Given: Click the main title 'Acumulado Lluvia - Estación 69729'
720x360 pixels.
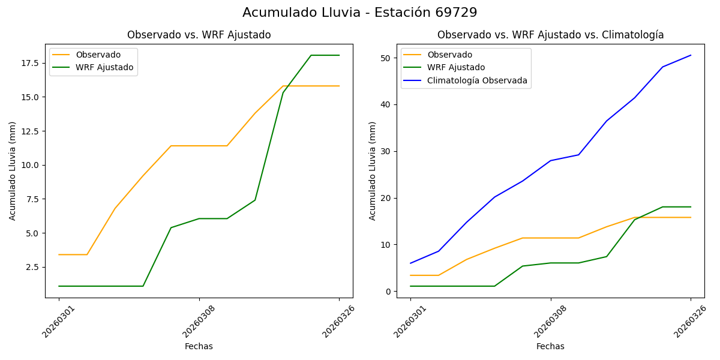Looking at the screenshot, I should click(360, 13).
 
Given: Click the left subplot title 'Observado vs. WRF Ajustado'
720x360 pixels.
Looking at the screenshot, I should click(199, 35).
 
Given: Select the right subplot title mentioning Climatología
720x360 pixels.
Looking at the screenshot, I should click(550, 35).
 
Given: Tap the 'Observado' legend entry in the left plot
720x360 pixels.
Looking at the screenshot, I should click(98, 55).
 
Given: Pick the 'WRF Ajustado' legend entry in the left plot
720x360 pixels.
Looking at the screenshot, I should click(104, 67).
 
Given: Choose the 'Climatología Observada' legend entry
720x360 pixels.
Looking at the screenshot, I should click(477, 80).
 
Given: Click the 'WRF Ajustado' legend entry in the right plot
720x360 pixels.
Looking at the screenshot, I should click(456, 67).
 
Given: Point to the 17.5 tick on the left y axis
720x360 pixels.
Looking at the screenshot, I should click(29, 63).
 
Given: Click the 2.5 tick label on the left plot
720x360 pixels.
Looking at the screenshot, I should click(31, 267).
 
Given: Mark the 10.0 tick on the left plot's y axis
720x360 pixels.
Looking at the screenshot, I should click(29, 165).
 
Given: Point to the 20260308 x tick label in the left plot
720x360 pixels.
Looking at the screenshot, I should click(199, 321).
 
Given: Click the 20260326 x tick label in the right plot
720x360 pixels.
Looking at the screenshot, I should click(690, 321).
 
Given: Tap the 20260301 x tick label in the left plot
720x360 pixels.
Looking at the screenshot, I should click(59, 321).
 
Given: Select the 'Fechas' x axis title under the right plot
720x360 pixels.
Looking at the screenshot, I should click(550, 346).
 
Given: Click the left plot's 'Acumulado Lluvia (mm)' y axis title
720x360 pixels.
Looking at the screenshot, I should click(13, 170).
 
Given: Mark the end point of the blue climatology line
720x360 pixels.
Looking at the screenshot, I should click(691, 55).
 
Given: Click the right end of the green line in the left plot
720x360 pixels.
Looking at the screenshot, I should click(339, 55).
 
